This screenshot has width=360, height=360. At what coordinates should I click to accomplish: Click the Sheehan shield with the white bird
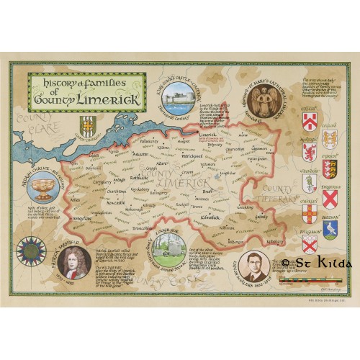(331, 229)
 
